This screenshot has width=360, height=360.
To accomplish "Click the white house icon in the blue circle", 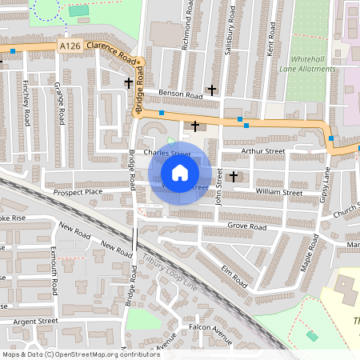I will [x=180, y=172].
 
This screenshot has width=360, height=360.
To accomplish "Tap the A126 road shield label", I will [x=70, y=48].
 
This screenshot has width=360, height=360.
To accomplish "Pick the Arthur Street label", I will [x=265, y=150].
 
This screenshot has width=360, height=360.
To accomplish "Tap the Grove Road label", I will [x=246, y=226].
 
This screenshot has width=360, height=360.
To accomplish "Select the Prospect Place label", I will [x=78, y=192].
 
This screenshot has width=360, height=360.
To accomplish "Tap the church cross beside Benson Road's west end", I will [x=128, y=82].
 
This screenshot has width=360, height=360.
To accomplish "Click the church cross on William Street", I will [x=234, y=175].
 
